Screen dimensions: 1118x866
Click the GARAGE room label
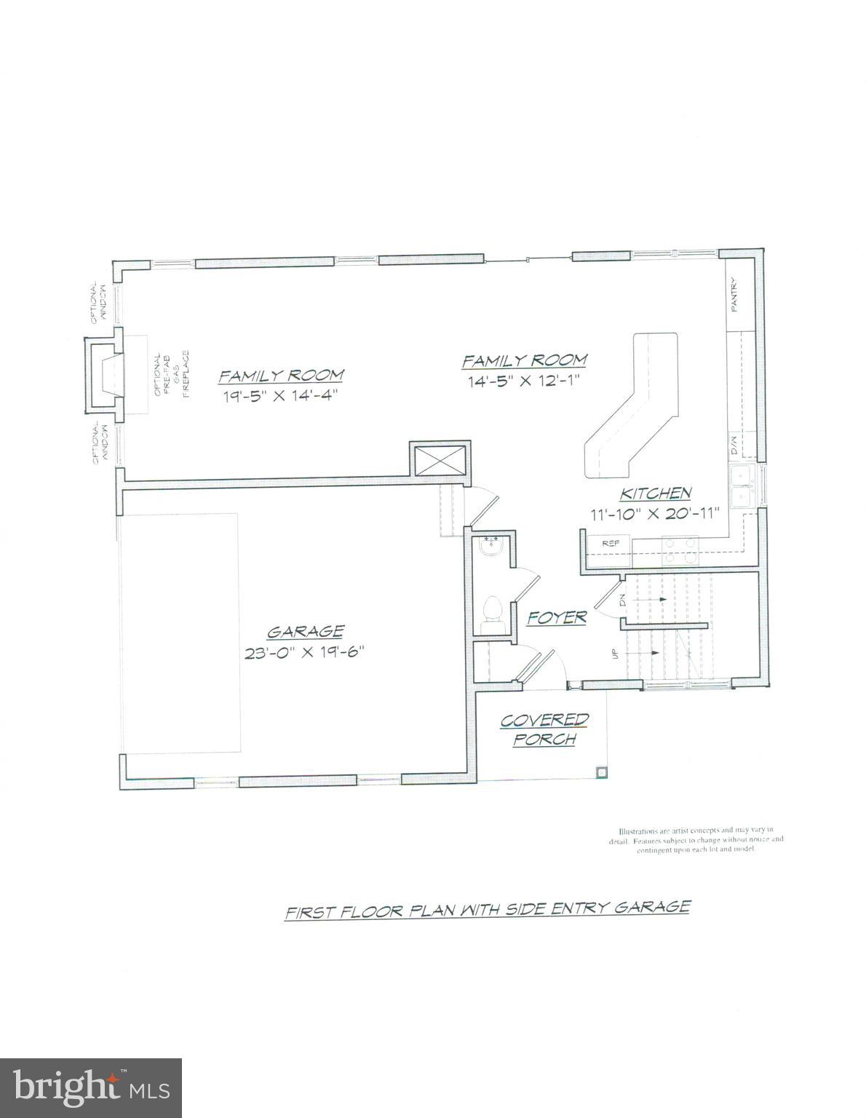(x=305, y=630)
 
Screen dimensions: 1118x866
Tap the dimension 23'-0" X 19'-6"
(x=304, y=651)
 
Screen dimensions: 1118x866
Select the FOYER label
(x=557, y=617)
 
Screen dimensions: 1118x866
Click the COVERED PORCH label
(x=544, y=729)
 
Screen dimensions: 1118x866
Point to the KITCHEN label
(x=655, y=493)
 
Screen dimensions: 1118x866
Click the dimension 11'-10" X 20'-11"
(x=654, y=513)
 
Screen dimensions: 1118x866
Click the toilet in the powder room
(x=494, y=609)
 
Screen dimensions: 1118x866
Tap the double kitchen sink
(x=742, y=488)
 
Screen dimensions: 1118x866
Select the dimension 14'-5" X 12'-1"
(x=525, y=380)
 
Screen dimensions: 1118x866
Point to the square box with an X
(x=440, y=459)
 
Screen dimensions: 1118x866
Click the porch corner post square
(x=600, y=772)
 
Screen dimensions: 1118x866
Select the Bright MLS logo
(x=91, y=1088)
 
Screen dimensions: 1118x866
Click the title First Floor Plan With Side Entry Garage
(x=486, y=909)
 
